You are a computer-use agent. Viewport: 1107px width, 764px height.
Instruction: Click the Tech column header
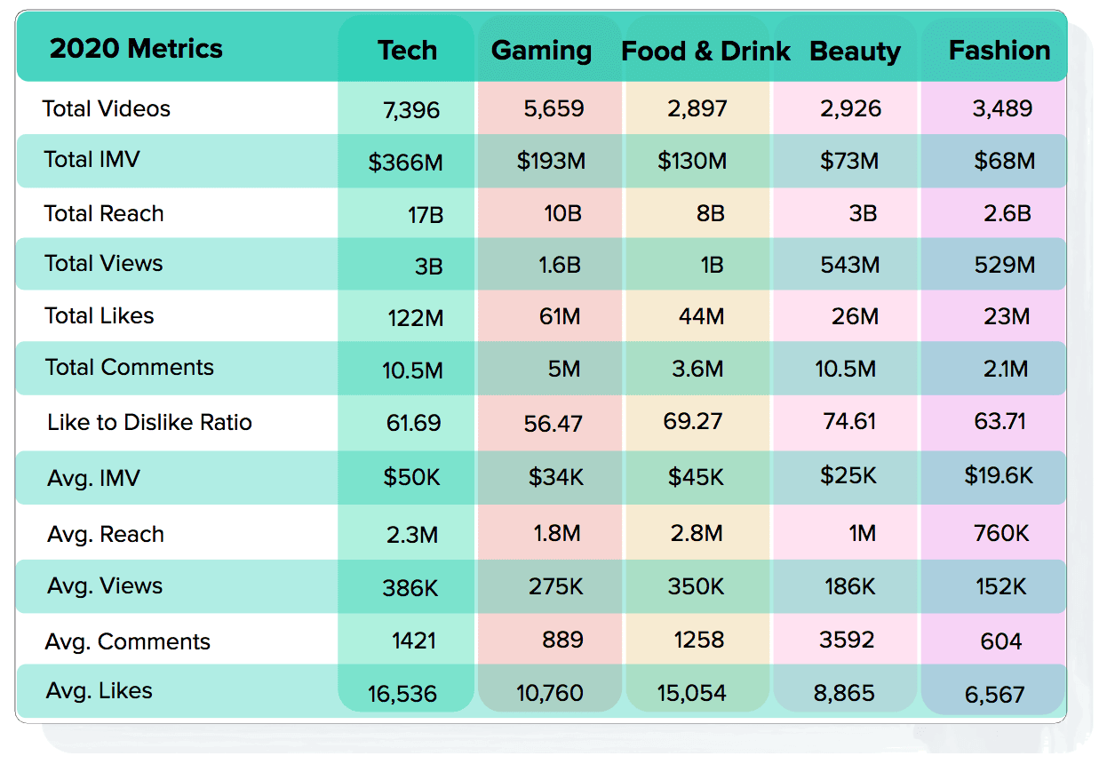[407, 51]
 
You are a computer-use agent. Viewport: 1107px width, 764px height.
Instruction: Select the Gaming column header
[541, 51]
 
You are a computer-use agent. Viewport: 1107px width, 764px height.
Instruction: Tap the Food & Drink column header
[705, 51]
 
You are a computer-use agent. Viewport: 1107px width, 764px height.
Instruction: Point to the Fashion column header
[999, 51]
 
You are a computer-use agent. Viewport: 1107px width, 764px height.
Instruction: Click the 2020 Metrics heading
[136, 48]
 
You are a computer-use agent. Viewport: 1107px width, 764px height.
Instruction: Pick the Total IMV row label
[92, 160]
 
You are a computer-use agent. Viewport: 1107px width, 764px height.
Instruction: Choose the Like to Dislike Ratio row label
[149, 422]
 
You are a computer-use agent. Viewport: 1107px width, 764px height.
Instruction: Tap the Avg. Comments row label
[129, 641]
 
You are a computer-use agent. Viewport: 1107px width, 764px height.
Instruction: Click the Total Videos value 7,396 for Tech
[411, 110]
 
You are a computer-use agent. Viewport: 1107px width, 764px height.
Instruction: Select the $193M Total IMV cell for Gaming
[551, 162]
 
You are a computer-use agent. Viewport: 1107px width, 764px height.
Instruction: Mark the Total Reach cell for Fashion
[1007, 214]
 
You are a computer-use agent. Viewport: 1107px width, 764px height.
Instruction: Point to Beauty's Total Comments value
[845, 369]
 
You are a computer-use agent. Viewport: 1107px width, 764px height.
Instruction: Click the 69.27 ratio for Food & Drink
[693, 420]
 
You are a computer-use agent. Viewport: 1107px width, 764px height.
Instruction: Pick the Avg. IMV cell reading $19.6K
[999, 476]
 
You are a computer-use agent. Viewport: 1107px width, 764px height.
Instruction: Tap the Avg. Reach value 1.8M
[557, 534]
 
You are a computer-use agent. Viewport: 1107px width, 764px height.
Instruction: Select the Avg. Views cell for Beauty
[848, 586]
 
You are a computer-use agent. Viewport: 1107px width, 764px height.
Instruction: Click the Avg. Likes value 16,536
[402, 694]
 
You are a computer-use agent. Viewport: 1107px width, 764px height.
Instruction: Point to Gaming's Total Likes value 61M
[560, 316]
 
